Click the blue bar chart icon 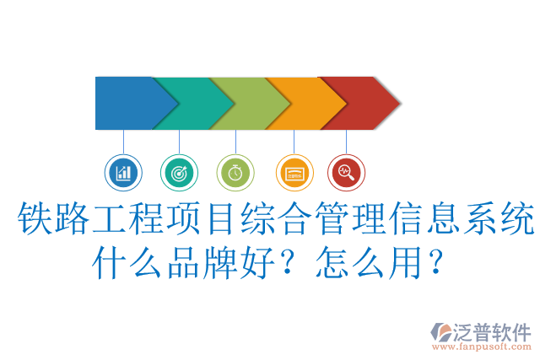pyautogui.click(x=124, y=173)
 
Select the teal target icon pyautogui.click(x=179, y=173)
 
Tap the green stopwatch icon pyautogui.click(x=235, y=173)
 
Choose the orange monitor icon pyautogui.click(x=294, y=173)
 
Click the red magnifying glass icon pyautogui.click(x=345, y=173)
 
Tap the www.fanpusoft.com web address pyautogui.click(x=481, y=347)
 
